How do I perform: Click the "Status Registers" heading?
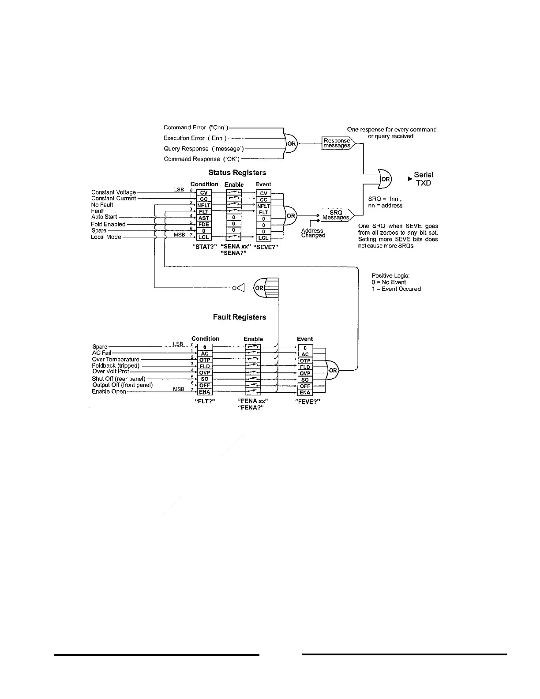point(237,173)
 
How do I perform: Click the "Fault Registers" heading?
point(239,317)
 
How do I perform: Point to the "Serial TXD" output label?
point(423,179)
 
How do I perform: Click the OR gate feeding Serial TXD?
point(385,179)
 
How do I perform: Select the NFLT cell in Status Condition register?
point(204,205)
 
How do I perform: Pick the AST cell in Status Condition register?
point(204,218)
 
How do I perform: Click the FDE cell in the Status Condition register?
point(204,224)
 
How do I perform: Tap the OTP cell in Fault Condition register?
point(205,360)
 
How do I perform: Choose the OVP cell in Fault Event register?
point(305,373)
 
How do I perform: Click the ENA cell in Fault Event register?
point(305,392)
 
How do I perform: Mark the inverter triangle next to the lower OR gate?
point(239,288)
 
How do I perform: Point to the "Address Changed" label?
point(313,233)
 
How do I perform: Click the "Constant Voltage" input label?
point(113,192)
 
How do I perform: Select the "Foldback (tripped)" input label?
point(116,365)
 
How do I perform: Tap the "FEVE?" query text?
point(307,402)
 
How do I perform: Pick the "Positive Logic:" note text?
point(390,275)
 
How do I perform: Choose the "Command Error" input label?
point(195,128)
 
